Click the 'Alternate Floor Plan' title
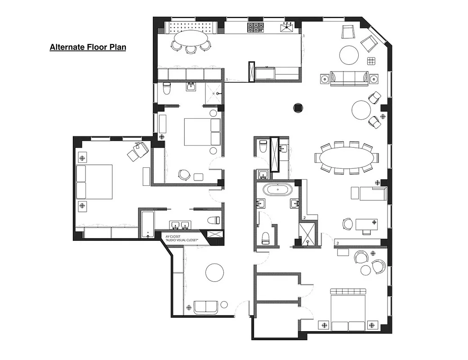[x=88, y=47]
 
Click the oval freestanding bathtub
[x=277, y=189]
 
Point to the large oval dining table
[x=347, y=157]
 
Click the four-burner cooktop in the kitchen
[x=255, y=27]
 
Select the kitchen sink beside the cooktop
[x=285, y=28]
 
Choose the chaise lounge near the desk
[x=369, y=193]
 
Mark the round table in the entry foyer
[x=214, y=273]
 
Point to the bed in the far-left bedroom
[x=94, y=182]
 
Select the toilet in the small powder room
[x=263, y=146]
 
